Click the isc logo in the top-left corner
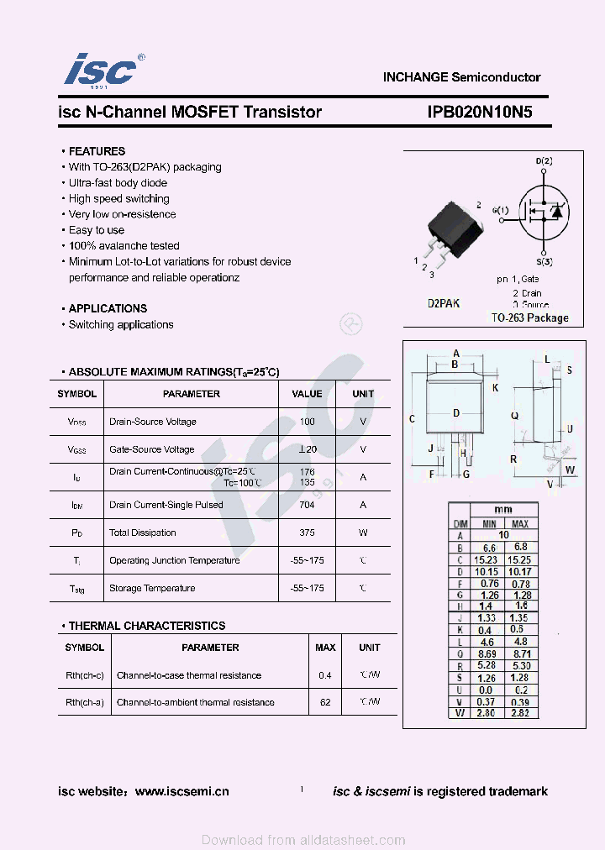pyautogui.click(x=100, y=71)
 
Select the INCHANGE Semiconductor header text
pyautogui.click(x=461, y=77)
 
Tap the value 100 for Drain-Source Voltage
pyautogui.click(x=307, y=422)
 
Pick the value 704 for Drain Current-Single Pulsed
pyautogui.click(x=307, y=505)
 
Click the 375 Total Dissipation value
pyautogui.click(x=307, y=533)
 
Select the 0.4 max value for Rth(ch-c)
pyautogui.click(x=325, y=675)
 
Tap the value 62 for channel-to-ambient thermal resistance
pyautogui.click(x=325, y=702)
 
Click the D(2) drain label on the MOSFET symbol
pyautogui.click(x=544, y=160)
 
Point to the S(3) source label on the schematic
pyautogui.click(x=544, y=261)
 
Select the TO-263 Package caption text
pyautogui.click(x=529, y=318)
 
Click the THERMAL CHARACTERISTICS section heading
pyautogui.click(x=146, y=626)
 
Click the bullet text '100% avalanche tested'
pyautogui.click(x=124, y=246)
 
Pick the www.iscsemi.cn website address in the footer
pyautogui.click(x=181, y=791)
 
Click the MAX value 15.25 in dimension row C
pyautogui.click(x=519, y=559)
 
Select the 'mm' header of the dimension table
pyautogui.click(x=502, y=510)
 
